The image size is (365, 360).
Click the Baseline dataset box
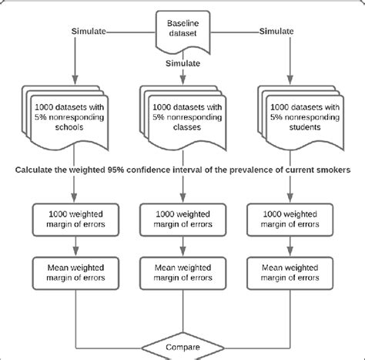point(182,29)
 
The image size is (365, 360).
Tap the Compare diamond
point(182,347)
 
